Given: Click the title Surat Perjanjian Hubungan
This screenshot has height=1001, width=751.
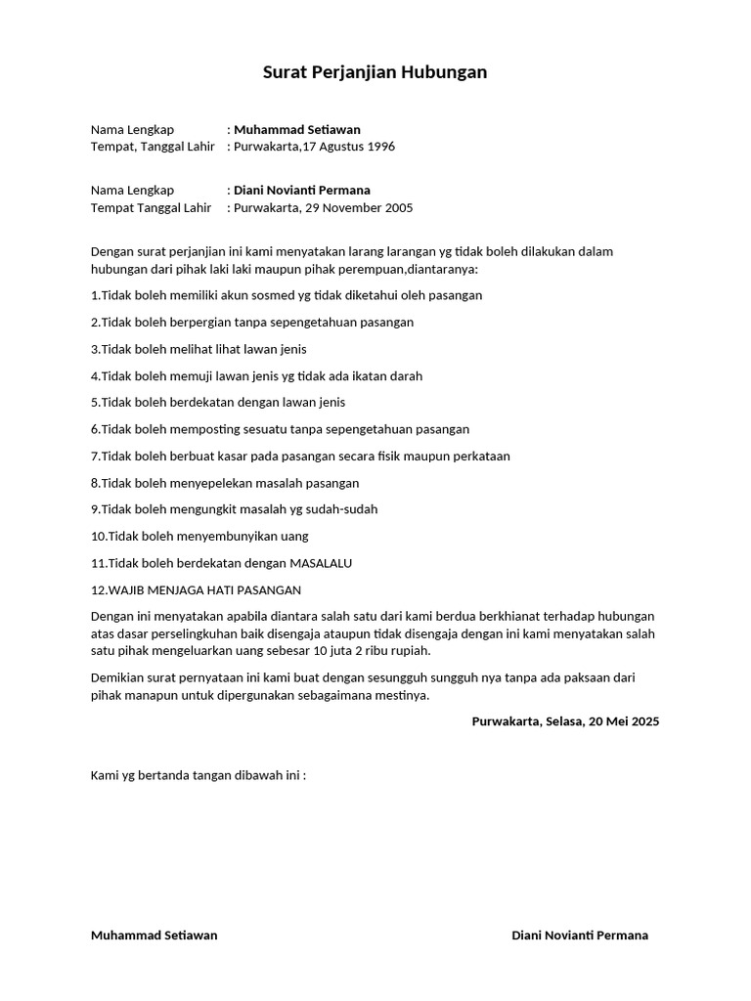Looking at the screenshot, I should [x=375, y=72].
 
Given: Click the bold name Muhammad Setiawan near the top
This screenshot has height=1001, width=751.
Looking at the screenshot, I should [x=297, y=129].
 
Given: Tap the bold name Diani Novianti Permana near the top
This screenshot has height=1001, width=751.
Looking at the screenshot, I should [x=302, y=190].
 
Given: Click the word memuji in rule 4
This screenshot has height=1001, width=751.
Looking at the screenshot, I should [x=196, y=375].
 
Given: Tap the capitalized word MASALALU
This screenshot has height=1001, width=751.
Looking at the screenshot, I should [x=321, y=563].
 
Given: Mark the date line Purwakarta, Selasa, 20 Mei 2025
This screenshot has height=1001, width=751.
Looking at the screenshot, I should [x=565, y=721].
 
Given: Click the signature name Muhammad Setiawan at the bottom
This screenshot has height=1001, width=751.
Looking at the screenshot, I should [x=155, y=935].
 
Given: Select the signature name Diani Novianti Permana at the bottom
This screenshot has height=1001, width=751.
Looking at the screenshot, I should [x=580, y=935].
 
